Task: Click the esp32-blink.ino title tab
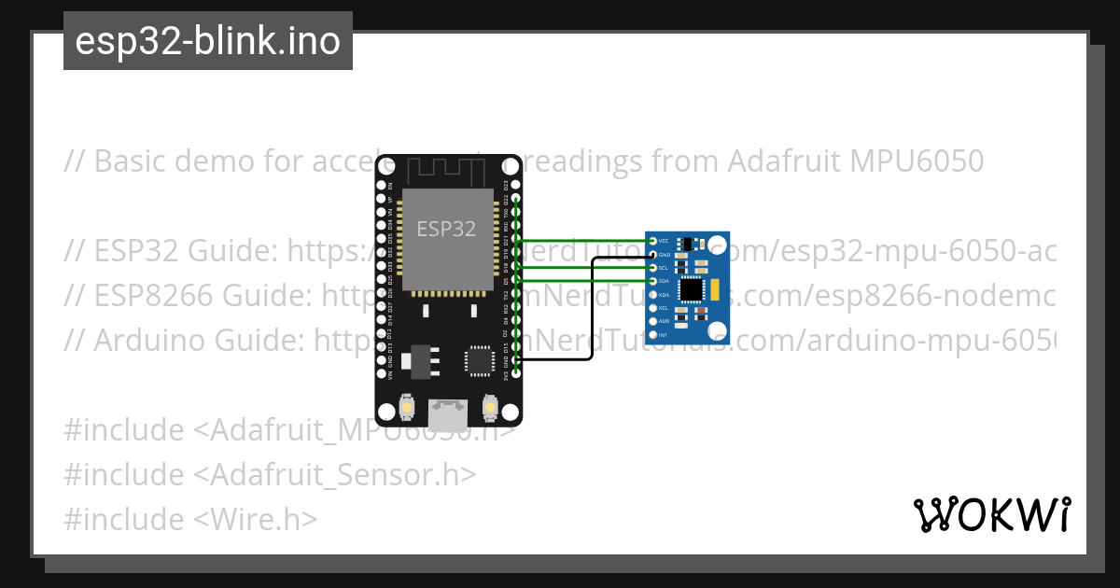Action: tap(207, 41)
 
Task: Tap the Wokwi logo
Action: tap(991, 515)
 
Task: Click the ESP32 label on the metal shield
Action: tap(446, 229)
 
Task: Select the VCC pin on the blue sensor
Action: tap(652, 241)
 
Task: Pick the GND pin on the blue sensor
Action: tap(652, 254)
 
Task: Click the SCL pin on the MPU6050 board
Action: tap(652, 268)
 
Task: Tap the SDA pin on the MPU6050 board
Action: tap(652, 281)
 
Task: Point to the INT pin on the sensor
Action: tap(652, 334)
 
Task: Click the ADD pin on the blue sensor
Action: tap(652, 321)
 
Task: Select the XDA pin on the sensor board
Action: tap(652, 294)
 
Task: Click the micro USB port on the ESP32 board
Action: tap(449, 411)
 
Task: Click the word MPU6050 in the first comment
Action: tap(917, 161)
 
